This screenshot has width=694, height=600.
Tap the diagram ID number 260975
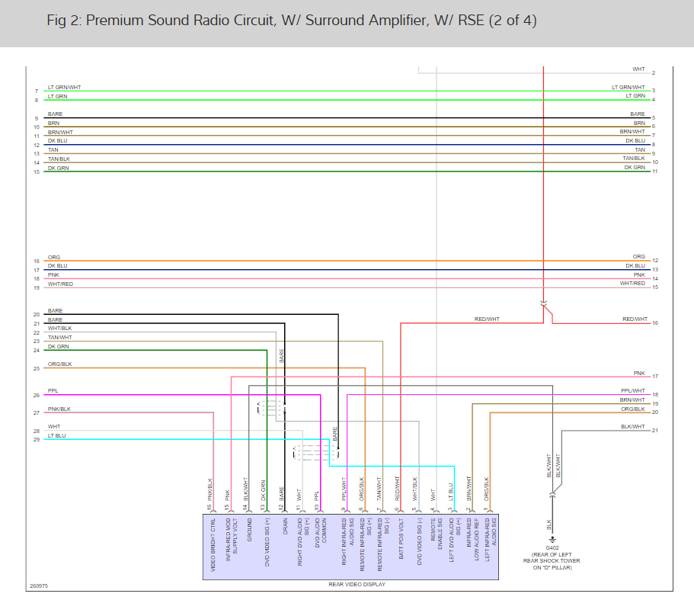pyautogui.click(x=39, y=586)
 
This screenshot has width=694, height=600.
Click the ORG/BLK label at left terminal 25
pyautogui.click(x=59, y=364)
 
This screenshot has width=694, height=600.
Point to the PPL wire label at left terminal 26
pyautogui.click(x=53, y=391)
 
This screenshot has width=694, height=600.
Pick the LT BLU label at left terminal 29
pyautogui.click(x=57, y=435)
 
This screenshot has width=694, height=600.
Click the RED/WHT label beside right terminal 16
pyautogui.click(x=635, y=319)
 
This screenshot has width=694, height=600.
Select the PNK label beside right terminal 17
pyautogui.click(x=639, y=373)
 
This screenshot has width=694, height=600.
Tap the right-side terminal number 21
pyautogui.click(x=654, y=431)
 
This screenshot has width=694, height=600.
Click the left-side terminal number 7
pyautogui.click(x=36, y=91)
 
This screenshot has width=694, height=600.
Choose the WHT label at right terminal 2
pyautogui.click(x=638, y=69)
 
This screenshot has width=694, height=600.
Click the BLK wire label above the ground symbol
pyautogui.click(x=548, y=525)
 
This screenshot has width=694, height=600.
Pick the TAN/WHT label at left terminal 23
pyautogui.click(x=60, y=337)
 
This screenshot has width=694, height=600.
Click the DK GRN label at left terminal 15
pyautogui.click(x=58, y=168)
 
